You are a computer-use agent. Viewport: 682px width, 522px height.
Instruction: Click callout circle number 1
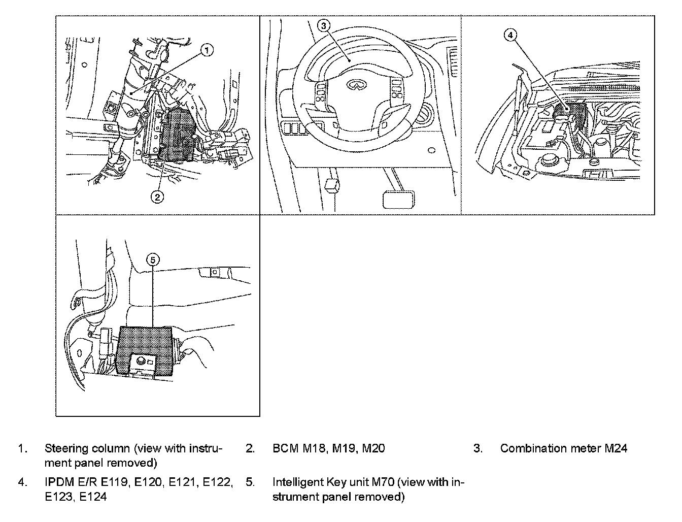[x=207, y=50]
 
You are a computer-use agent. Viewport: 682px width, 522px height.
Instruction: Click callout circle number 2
[x=158, y=197]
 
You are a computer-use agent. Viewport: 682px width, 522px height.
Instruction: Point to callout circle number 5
[x=153, y=259]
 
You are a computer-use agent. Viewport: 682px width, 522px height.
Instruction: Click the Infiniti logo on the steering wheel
[x=355, y=86]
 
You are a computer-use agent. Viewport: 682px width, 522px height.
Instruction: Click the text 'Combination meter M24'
[x=563, y=448]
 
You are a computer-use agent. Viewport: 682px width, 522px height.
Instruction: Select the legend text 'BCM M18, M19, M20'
[x=328, y=448]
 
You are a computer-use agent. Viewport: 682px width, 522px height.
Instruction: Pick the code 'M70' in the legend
[x=393, y=482]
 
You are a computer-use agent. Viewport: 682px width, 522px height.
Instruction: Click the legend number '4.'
[x=22, y=482]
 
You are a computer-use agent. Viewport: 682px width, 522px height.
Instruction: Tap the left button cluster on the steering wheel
[x=321, y=94]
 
